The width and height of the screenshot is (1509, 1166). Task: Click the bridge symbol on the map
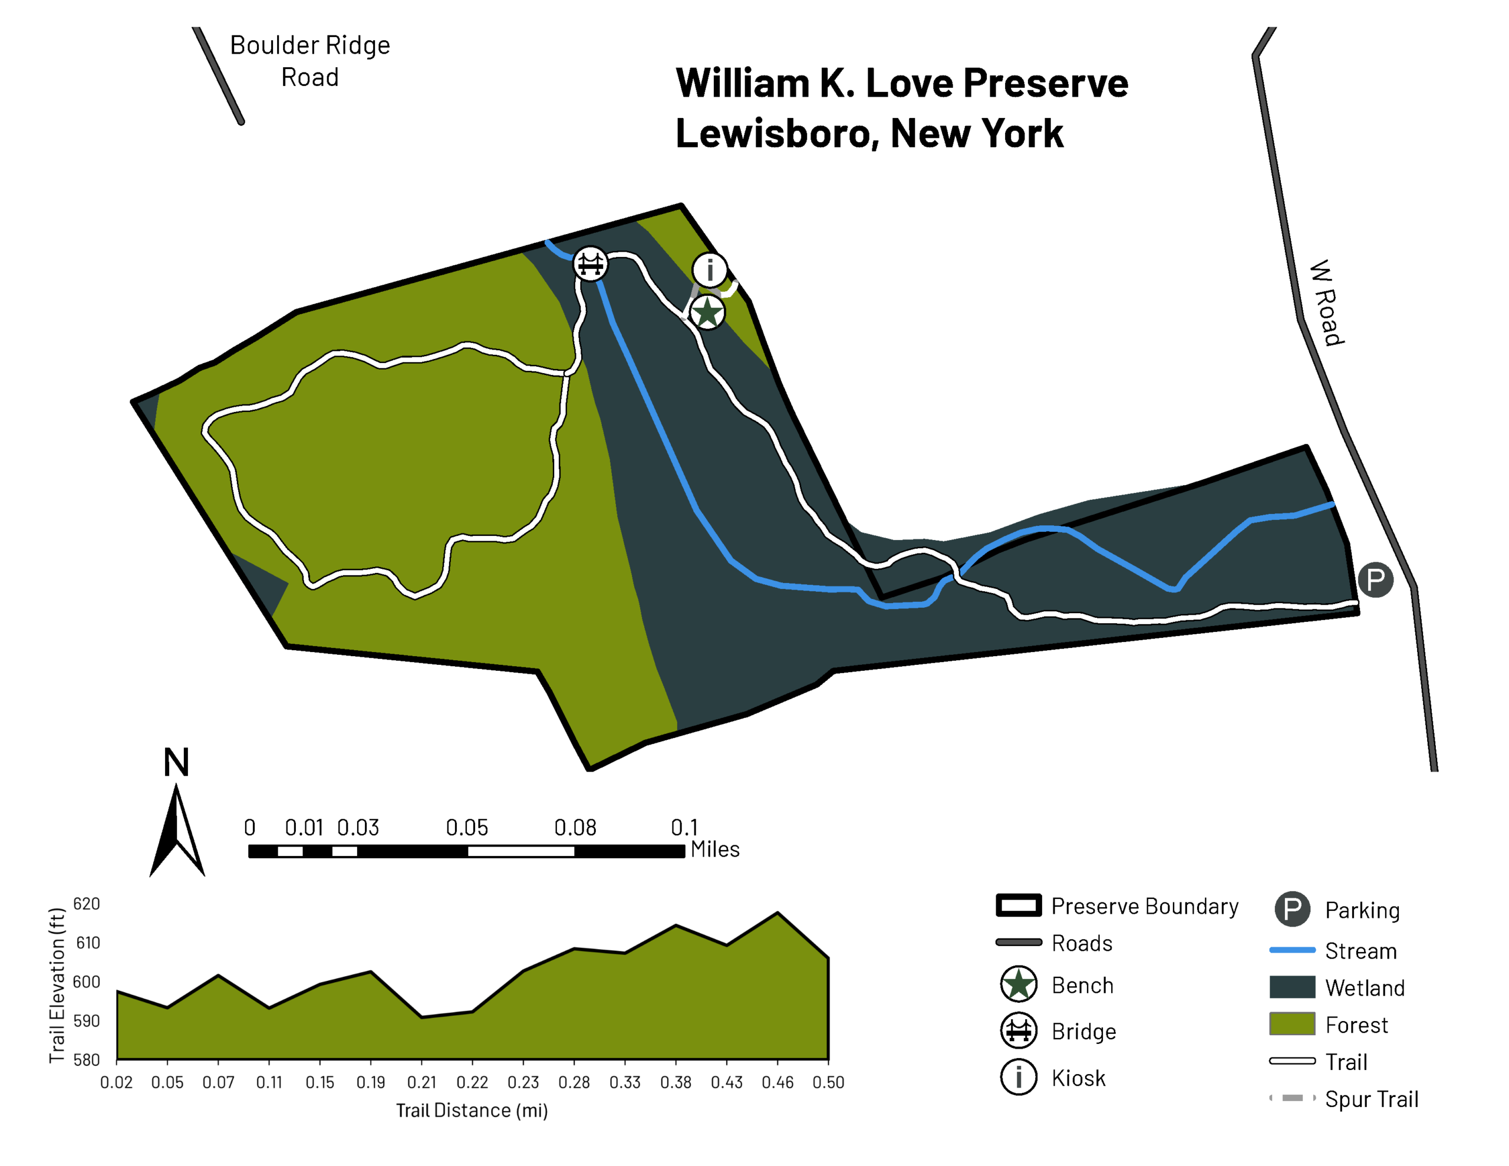pyautogui.click(x=590, y=263)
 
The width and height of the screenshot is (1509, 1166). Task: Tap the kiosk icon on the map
pyautogui.click(x=710, y=269)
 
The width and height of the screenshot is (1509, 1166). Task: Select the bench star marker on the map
pyautogui.click(x=707, y=312)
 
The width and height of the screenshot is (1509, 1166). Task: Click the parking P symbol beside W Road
pyautogui.click(x=1375, y=579)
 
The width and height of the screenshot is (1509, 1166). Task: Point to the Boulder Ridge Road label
pyautogui.click(x=309, y=61)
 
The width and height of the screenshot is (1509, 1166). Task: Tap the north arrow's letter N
pyautogui.click(x=176, y=763)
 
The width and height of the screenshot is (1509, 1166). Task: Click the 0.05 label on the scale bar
pyautogui.click(x=466, y=827)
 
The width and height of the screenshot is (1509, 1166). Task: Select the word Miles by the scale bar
pyautogui.click(x=714, y=849)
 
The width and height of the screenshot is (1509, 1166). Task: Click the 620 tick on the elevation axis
pyautogui.click(x=87, y=904)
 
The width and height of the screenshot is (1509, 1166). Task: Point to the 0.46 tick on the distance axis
pyautogui.click(x=777, y=1082)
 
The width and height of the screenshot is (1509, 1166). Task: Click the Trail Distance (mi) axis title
pyautogui.click(x=472, y=1110)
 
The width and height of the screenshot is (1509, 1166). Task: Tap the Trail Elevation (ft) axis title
pyautogui.click(x=57, y=986)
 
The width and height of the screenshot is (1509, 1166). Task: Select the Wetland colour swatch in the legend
pyautogui.click(x=1292, y=987)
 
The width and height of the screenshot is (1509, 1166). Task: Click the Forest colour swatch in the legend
pyautogui.click(x=1292, y=1023)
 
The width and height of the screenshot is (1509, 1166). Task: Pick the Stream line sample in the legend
pyautogui.click(x=1292, y=950)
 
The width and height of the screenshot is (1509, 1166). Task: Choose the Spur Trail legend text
pyautogui.click(x=1372, y=1099)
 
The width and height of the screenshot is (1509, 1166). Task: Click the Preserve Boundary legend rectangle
pyautogui.click(x=1019, y=905)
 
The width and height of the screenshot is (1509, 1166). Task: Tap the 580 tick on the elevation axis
pyautogui.click(x=87, y=1059)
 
